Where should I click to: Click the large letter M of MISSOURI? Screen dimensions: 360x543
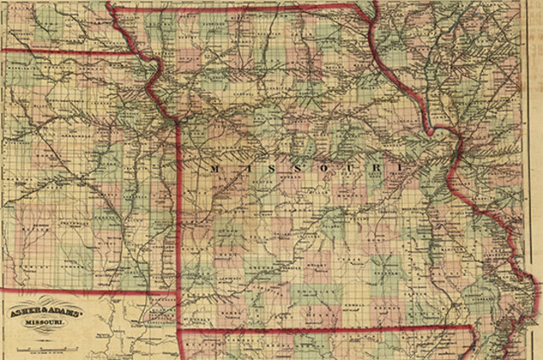pyautogui.click(x=210, y=170)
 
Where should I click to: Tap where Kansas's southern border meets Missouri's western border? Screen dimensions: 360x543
pyautogui.click(x=177, y=293)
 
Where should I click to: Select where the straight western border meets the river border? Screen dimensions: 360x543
pyautogui.click(x=176, y=121)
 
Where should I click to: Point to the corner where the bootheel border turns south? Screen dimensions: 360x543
pyautogui.click(x=472, y=327)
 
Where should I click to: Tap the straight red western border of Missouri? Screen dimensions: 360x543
pyautogui.click(x=177, y=212)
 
